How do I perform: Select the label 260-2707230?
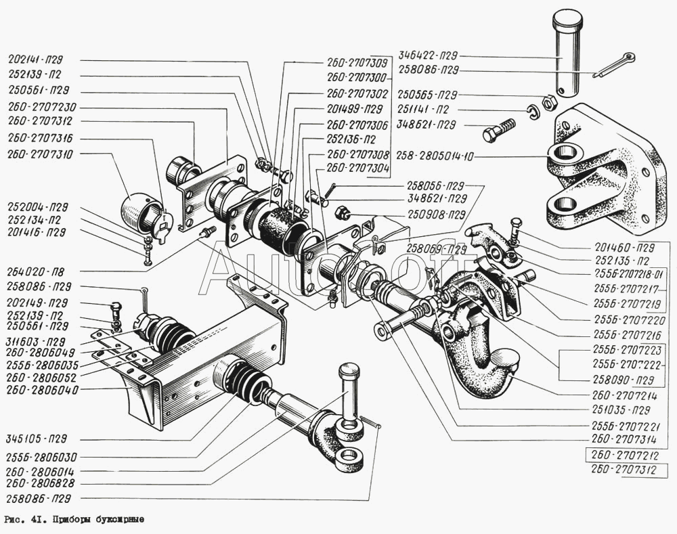pos(42,106)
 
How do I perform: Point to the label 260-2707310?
pos(41,154)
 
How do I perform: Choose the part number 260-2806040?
pos(43,390)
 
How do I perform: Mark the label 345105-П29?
pos(38,439)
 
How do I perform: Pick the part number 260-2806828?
pos(43,483)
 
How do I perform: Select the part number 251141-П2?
pos(428,110)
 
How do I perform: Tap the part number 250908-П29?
pos(436,215)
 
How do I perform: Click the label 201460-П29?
pos(624,246)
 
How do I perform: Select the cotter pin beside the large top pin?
pos(613,65)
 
